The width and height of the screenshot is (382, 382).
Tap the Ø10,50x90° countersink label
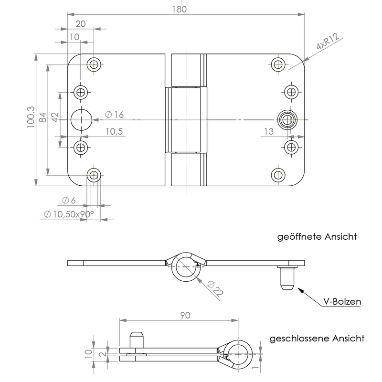click(69, 214)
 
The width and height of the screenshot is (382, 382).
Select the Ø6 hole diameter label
click(70, 200)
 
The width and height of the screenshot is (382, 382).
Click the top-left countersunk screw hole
click(95, 64)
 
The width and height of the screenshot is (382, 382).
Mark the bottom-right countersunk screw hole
click(278, 175)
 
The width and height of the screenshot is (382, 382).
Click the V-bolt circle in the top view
click(286, 119)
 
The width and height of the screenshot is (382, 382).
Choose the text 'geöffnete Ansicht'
click(317, 236)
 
